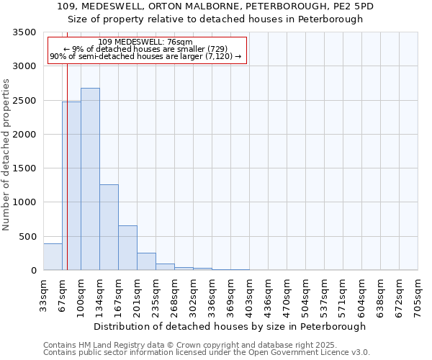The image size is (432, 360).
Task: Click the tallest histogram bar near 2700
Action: pyautogui.click(x=90, y=179)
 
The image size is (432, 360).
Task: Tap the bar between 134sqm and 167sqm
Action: pyautogui.click(x=109, y=228)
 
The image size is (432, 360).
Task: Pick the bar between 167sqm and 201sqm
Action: pyautogui.click(x=127, y=248)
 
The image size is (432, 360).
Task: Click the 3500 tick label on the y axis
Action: pyautogui.click(x=24, y=32)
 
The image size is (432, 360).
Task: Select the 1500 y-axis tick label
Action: pyautogui.click(x=24, y=168)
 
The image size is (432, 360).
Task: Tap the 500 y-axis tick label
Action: pyautogui.click(x=27, y=237)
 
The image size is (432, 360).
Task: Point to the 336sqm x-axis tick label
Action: pyautogui.click(x=212, y=295)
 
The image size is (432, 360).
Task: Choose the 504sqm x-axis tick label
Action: pyautogui.click(x=305, y=295)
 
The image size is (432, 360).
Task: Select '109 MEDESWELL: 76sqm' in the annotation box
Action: pyautogui.click(x=145, y=42)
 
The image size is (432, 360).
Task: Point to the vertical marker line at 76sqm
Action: pyautogui.click(x=67, y=144)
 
